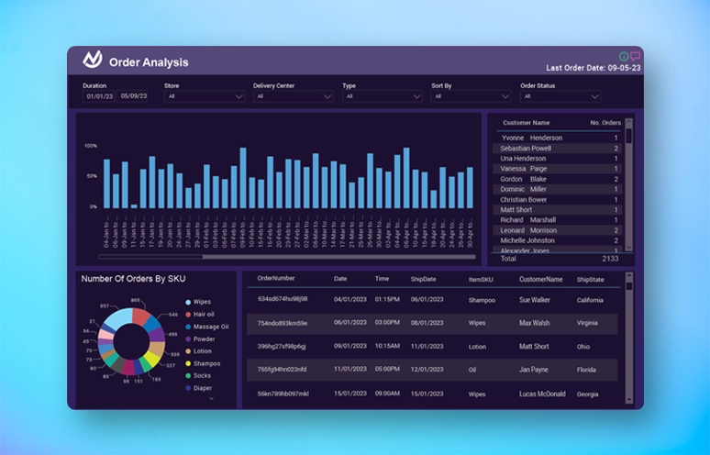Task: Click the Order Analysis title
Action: (149, 62)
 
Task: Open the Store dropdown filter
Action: (204, 95)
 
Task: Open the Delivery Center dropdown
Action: (293, 95)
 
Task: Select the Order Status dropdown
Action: (560, 95)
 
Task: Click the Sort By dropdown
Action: (471, 95)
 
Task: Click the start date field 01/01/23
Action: (99, 95)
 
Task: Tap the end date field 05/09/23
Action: (135, 95)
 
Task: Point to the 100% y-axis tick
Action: (91, 146)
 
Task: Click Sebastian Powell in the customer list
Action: (527, 149)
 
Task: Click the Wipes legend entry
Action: (203, 301)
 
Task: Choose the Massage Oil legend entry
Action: (211, 326)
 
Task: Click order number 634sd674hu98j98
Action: (283, 299)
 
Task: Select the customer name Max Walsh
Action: (535, 323)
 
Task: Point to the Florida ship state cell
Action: (588, 370)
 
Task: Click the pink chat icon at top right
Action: (635, 56)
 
